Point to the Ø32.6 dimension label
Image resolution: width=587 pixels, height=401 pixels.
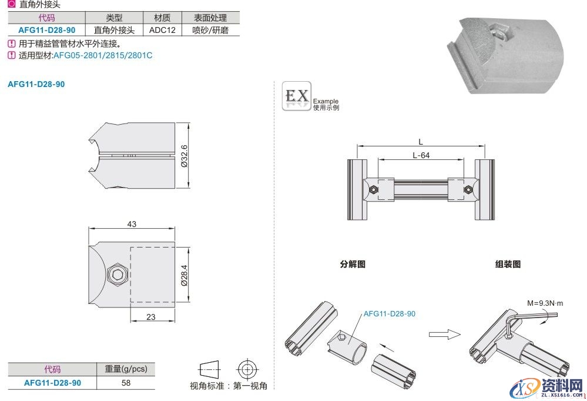point(184,156)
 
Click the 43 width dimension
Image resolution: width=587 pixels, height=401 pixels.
point(132,224)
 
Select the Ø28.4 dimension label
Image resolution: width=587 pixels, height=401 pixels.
point(184,274)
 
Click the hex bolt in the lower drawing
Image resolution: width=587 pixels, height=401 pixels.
point(118,274)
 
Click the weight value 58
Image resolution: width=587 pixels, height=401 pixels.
point(126,383)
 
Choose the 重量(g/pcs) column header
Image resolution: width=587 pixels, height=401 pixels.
point(126,369)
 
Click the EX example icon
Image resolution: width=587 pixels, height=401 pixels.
point(296,96)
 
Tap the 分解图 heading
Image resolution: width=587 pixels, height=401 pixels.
point(353,264)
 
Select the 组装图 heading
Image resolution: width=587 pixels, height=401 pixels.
point(508,264)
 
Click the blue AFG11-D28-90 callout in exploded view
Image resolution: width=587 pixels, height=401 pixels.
point(389,314)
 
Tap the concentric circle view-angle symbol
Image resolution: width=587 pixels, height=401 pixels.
point(247,369)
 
